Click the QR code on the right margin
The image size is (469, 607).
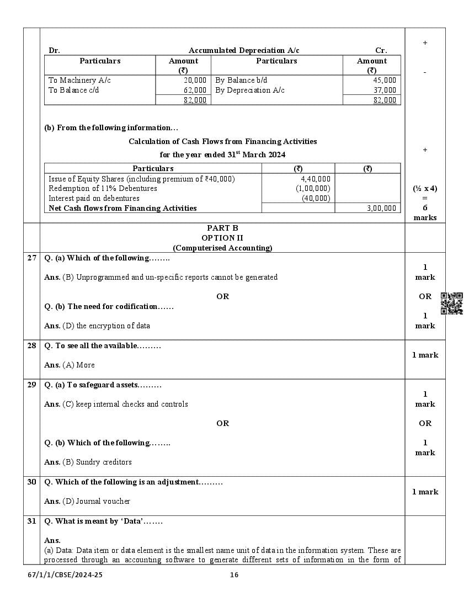tap(452, 303)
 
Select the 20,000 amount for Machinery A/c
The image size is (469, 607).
tap(195, 81)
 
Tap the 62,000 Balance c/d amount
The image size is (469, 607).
tap(195, 90)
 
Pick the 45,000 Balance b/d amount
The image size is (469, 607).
tap(385, 81)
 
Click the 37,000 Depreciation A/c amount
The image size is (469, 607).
tap(385, 90)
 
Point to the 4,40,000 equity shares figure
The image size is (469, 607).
tap(316, 179)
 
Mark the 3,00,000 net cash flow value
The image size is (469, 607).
tap(381, 209)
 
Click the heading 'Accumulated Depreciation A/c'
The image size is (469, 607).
tap(244, 51)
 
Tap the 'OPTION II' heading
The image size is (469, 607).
tap(222, 238)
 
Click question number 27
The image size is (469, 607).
tap(32, 258)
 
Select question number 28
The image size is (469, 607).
tap(32, 345)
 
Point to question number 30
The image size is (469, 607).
tap(32, 482)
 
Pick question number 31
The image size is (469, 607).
tap(32, 521)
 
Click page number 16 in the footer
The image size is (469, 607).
tap(234, 575)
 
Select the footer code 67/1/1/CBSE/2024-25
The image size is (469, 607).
tap(65, 575)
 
